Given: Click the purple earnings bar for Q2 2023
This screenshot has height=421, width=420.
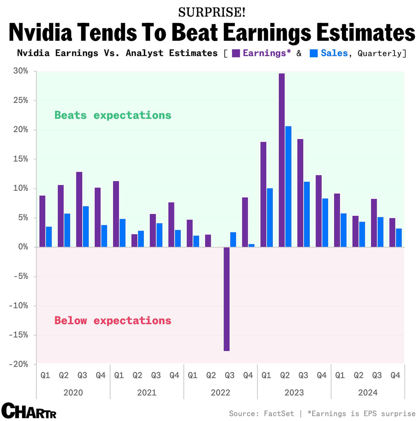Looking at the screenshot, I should coord(281,160).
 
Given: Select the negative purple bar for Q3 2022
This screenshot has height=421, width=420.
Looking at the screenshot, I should coord(227,299).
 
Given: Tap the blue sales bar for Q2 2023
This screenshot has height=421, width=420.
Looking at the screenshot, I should coord(288,187).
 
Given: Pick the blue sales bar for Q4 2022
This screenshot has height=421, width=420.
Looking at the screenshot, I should coord(251,245).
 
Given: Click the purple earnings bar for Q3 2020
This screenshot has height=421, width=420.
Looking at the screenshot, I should coord(79,209).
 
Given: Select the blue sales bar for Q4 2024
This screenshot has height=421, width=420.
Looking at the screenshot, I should coord(399,238).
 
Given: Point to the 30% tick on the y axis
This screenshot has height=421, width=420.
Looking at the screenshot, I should coord(21,71).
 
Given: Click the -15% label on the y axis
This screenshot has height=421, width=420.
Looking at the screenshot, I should coord(19,335).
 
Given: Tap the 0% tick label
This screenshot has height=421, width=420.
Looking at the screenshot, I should coord(23,247).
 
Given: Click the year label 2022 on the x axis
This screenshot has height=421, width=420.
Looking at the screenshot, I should coord(220,393).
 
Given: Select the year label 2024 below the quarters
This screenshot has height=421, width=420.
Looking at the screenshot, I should coord(368,393).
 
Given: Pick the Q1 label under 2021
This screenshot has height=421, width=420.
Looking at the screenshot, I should coord(119,375).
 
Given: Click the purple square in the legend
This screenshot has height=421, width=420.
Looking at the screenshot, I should coord(236,53).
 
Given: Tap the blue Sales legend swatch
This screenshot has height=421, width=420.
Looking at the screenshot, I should coord(313,53).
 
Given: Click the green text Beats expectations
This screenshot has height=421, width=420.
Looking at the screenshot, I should coord(113,115).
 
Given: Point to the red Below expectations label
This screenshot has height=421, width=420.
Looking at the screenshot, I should coord(113,321).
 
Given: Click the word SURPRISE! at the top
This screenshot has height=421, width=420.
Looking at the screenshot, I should coord(212,12).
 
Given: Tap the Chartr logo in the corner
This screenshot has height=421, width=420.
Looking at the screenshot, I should coord(29,410).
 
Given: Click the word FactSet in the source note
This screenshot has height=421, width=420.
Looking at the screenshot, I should coord(279,414).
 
